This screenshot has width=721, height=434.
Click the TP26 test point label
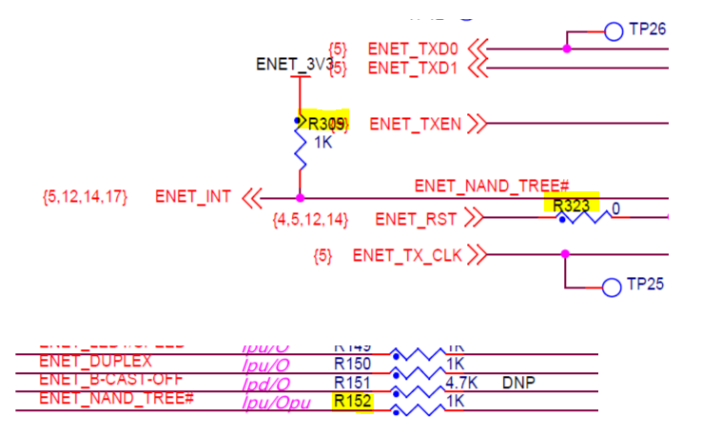[647, 30]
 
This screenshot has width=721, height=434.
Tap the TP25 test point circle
[611, 285]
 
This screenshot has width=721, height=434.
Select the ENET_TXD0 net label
[413, 47]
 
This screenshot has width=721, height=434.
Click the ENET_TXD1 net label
[413, 68]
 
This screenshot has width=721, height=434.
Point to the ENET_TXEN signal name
[415, 124]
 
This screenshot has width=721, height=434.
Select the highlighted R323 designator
[571, 204]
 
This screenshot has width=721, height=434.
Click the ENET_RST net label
[417, 220]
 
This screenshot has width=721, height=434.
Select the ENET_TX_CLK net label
[406, 255]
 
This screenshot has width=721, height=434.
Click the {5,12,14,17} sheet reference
[84, 197]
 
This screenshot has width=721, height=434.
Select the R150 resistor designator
[352, 363]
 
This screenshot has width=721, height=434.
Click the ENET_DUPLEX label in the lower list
[95, 362]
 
